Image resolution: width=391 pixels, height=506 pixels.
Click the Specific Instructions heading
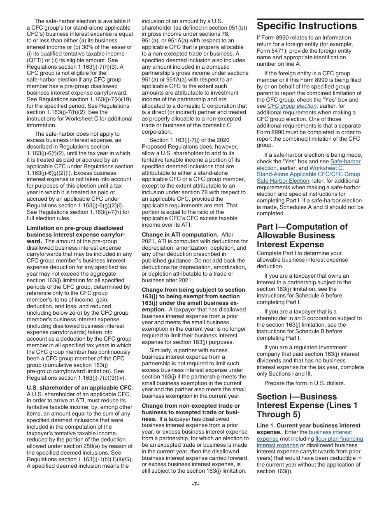307,26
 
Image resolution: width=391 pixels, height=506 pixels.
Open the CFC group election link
292,106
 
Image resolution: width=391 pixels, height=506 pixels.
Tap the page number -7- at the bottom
195,484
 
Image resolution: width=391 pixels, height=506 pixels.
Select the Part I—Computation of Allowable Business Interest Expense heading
302,236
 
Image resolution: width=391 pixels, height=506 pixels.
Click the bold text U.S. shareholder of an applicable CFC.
80,388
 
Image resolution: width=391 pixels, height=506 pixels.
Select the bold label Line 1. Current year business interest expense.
308,429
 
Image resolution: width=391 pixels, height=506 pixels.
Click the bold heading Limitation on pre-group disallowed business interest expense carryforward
75,234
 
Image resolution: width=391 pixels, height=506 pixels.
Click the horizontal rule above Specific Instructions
310,19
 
